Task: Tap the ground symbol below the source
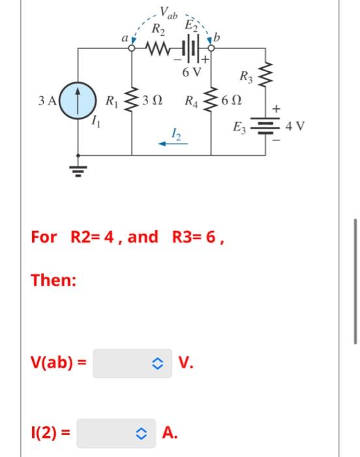[78, 170]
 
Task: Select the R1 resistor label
[112, 102]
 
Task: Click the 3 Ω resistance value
[153, 102]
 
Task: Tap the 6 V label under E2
[192, 72]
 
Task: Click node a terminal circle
[132, 48]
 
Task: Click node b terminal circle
[211, 48]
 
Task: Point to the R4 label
[192, 102]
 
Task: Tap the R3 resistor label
[246, 77]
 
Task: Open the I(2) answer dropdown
[116, 432]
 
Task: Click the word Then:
[54, 281]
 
